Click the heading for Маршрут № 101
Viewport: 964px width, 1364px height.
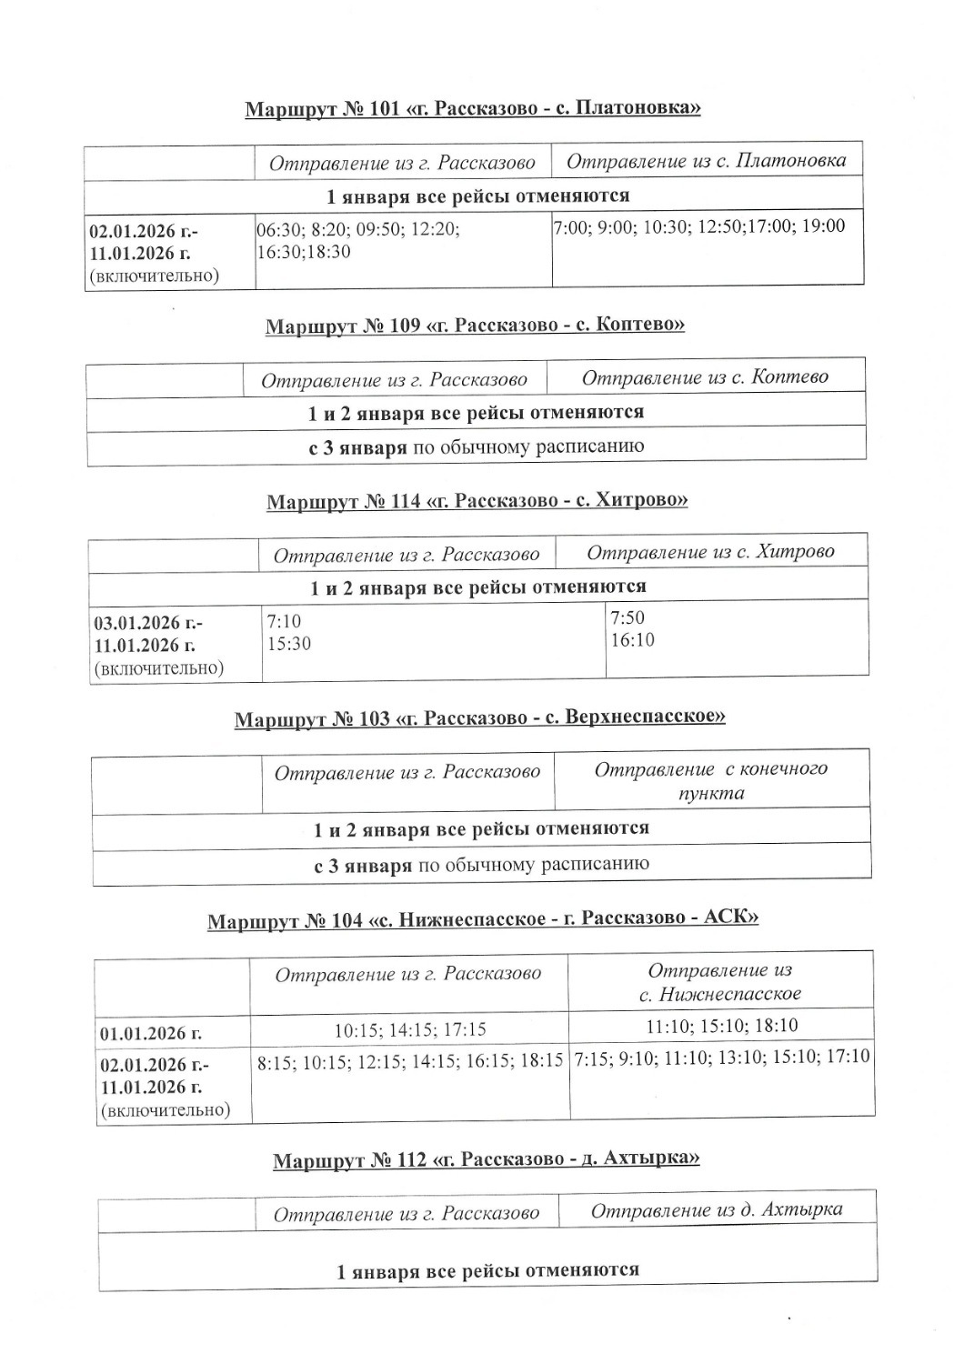472,109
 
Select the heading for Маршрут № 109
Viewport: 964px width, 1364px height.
474,326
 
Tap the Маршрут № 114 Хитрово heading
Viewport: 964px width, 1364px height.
477,501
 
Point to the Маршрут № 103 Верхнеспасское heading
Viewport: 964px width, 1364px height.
479,718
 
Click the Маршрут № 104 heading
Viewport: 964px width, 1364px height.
482,919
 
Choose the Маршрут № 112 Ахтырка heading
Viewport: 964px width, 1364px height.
486,1160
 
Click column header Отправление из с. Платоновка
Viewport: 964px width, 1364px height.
706,162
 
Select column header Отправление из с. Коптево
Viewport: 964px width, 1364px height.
705,377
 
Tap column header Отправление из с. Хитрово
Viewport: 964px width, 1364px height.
710,552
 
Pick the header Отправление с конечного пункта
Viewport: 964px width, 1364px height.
711,780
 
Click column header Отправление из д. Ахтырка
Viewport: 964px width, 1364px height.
717,1210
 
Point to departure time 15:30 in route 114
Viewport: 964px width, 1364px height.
288,643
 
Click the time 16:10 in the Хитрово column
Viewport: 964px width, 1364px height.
632,640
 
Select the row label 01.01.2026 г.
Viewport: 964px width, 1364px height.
151,1033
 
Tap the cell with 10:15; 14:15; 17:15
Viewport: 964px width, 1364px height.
410,1030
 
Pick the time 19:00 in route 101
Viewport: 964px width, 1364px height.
822,226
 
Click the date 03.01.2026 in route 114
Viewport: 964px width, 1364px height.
137,624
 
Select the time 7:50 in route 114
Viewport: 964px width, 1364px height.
628,618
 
